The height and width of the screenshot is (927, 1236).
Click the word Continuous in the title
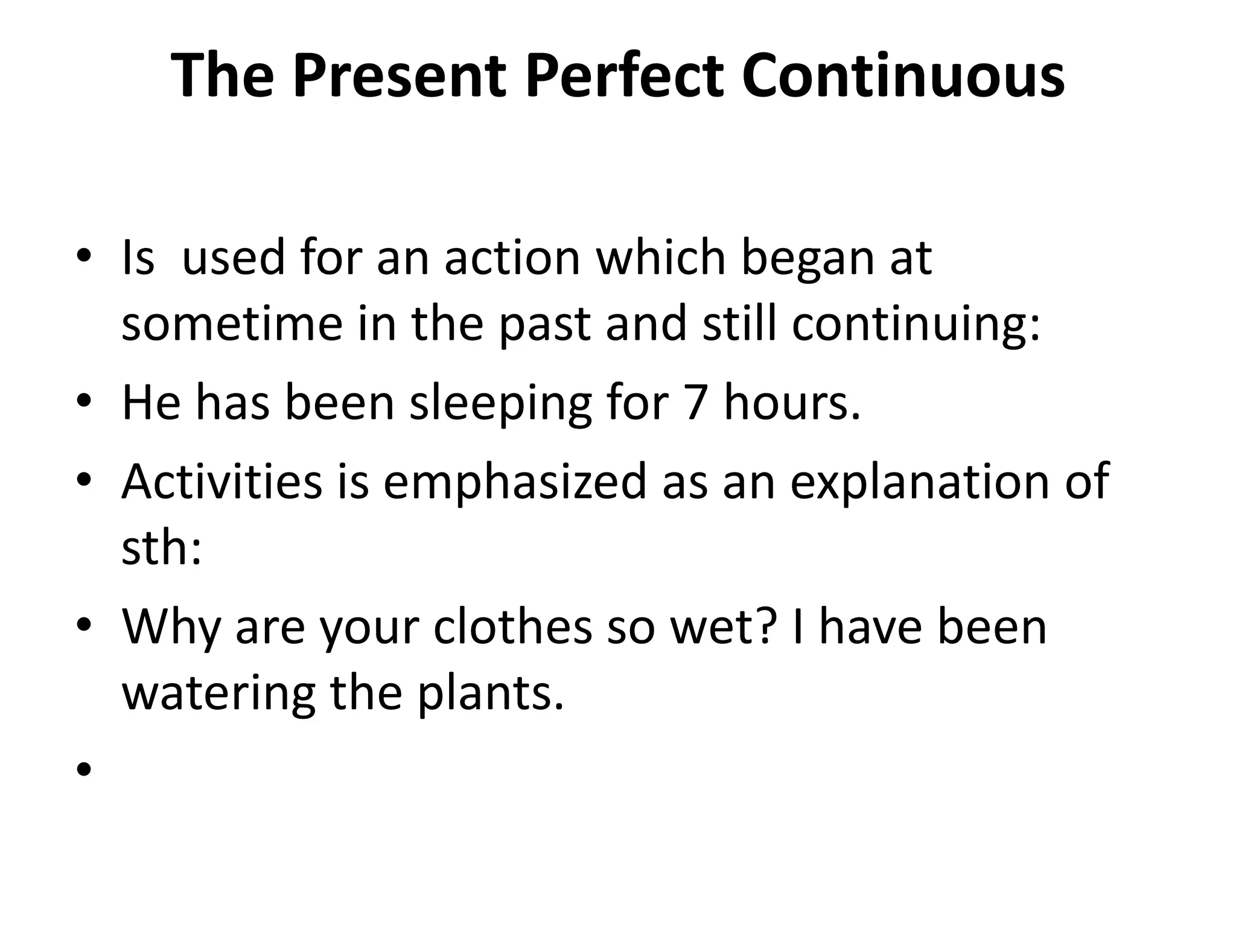(x=903, y=75)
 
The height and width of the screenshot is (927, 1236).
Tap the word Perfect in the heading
(x=624, y=75)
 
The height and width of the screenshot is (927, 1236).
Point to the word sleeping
(x=500, y=403)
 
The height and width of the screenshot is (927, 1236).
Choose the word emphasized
(x=515, y=482)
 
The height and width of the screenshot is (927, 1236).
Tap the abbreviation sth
(x=161, y=548)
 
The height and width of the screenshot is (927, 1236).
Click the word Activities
(x=222, y=482)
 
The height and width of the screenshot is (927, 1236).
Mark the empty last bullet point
(x=84, y=769)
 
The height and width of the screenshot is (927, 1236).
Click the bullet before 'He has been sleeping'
(x=84, y=403)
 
